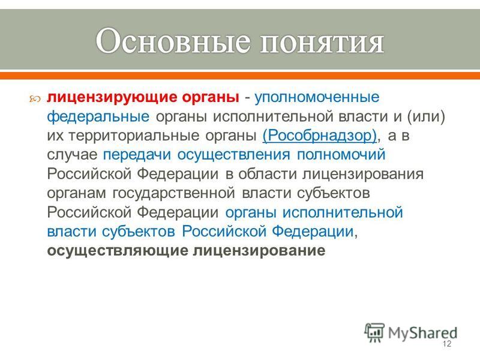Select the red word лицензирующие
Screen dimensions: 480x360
pyautogui.click(x=112, y=98)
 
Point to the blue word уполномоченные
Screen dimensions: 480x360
pyautogui.click(x=317, y=98)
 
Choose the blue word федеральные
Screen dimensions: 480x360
pyautogui.click(x=98, y=117)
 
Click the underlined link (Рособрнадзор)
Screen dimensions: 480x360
pyautogui.click(x=320, y=136)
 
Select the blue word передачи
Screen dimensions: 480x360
pyautogui.click(x=137, y=155)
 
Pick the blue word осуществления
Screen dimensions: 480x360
pyautogui.click(x=233, y=155)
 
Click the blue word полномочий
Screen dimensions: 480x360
pyautogui.click(x=341, y=155)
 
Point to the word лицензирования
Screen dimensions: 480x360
pyautogui.click(x=363, y=175)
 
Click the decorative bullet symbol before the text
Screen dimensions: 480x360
pyautogui.click(x=35, y=99)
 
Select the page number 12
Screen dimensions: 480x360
pyautogui.click(x=447, y=344)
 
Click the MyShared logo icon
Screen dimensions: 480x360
pyautogui.click(x=374, y=333)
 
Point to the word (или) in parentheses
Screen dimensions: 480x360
pyautogui.click(x=426, y=117)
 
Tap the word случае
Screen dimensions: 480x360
pyautogui.click(x=72, y=155)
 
